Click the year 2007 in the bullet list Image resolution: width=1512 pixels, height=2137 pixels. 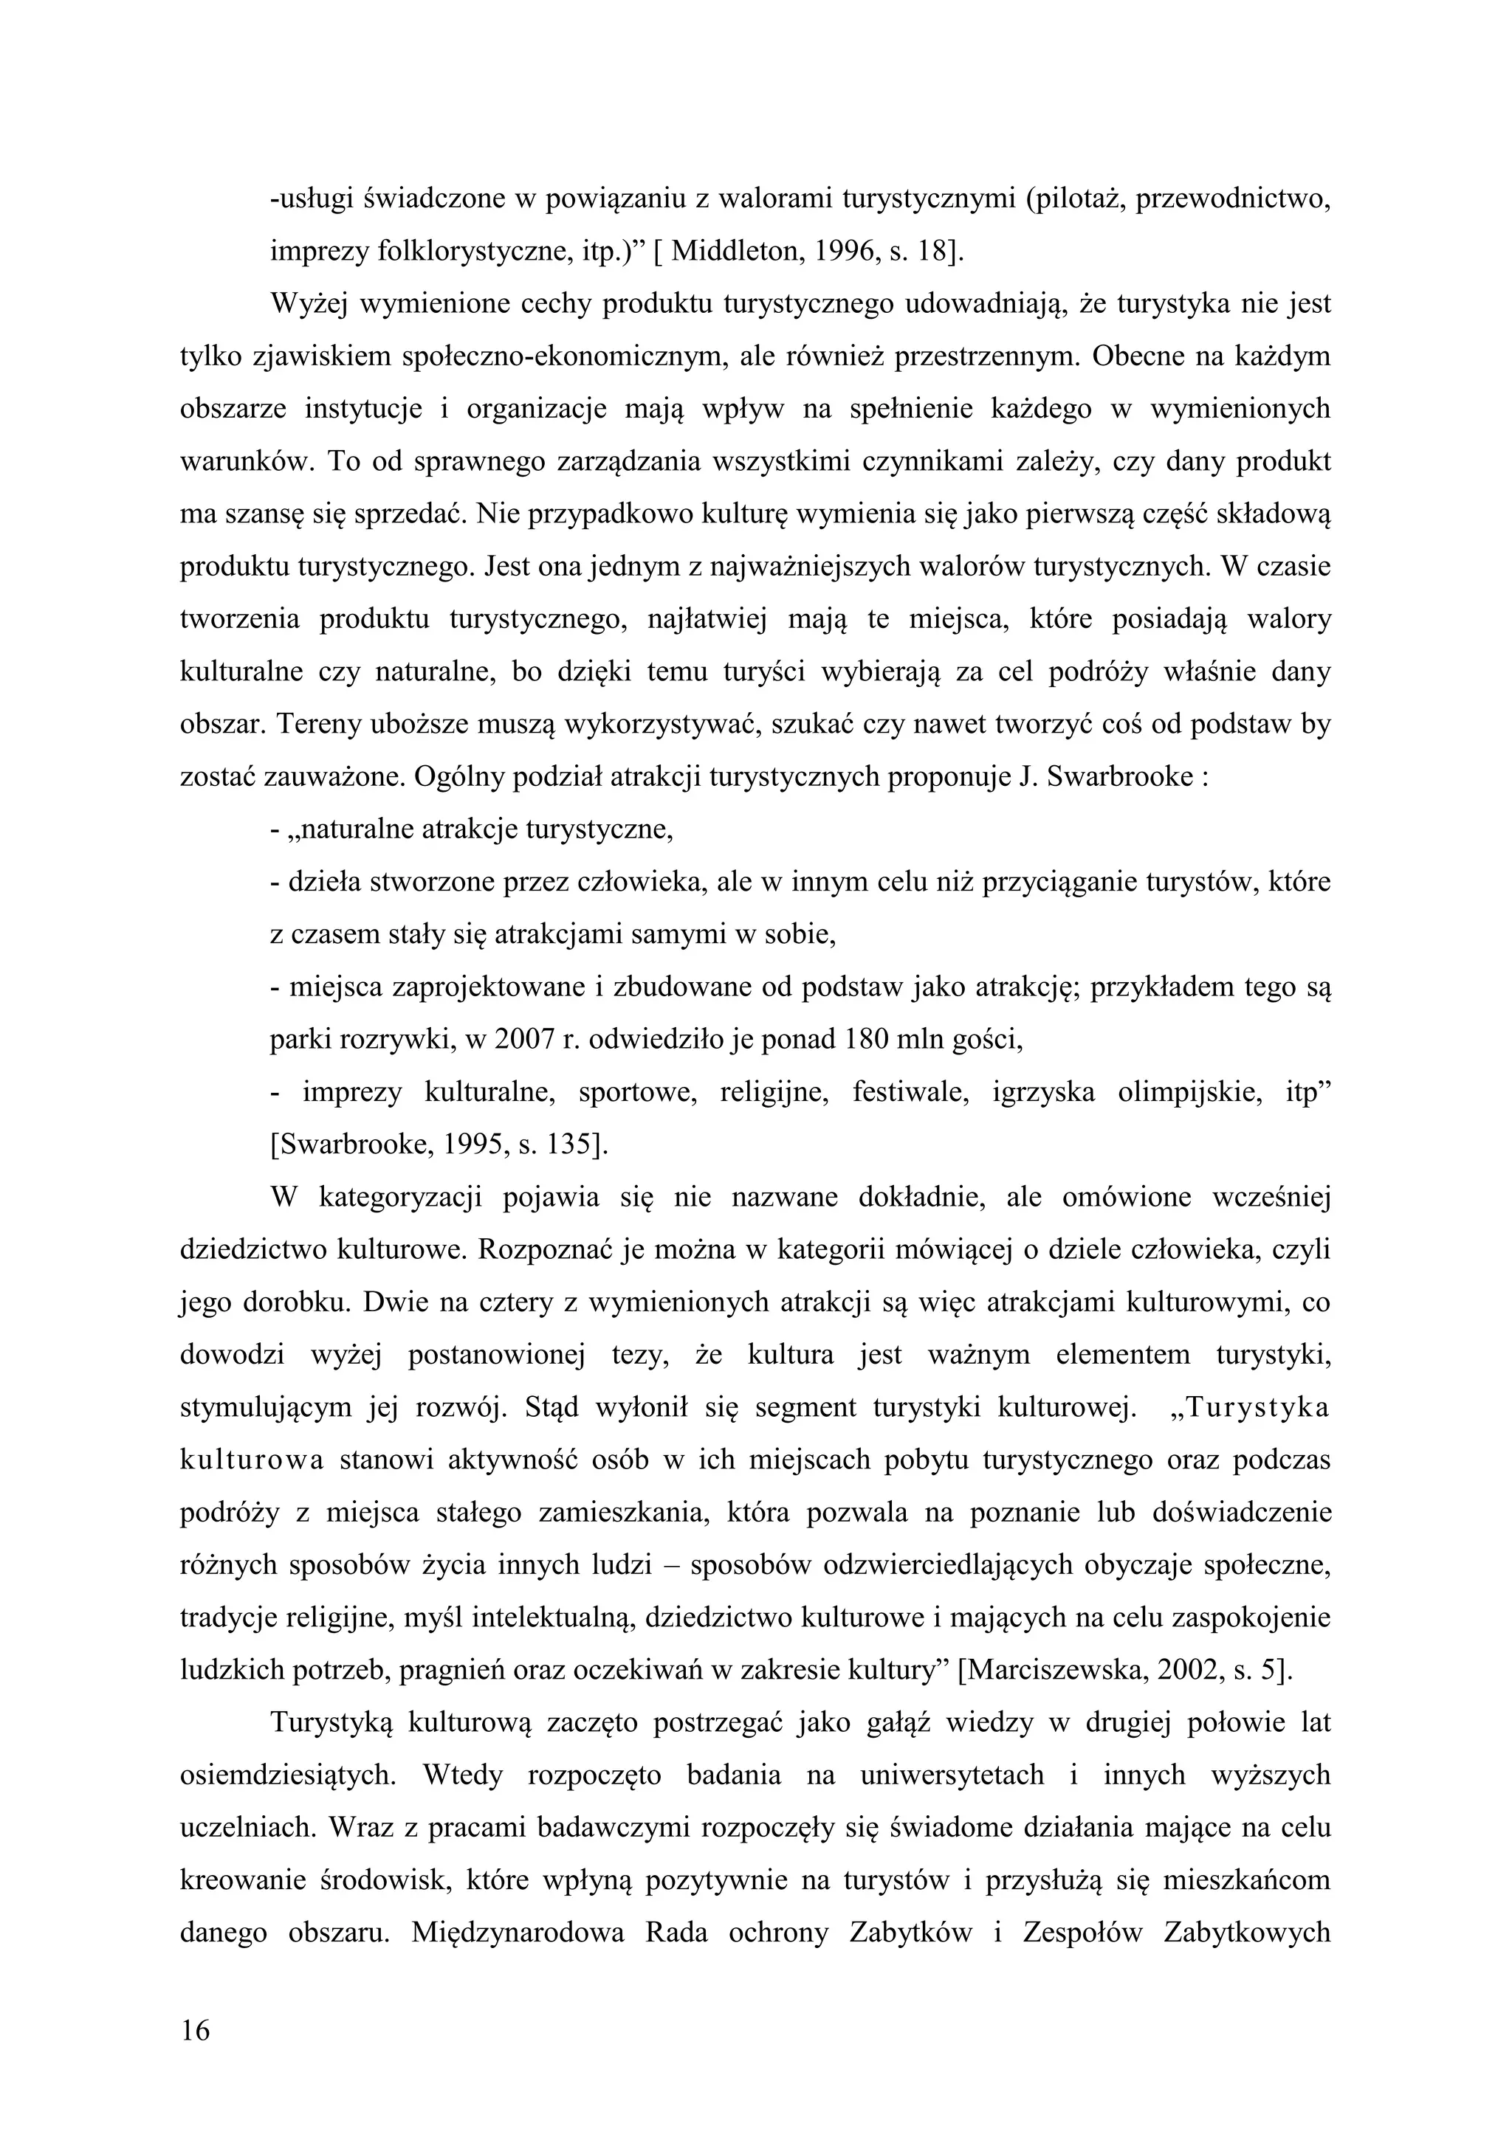525,1039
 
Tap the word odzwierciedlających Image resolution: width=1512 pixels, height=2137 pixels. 934,1564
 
